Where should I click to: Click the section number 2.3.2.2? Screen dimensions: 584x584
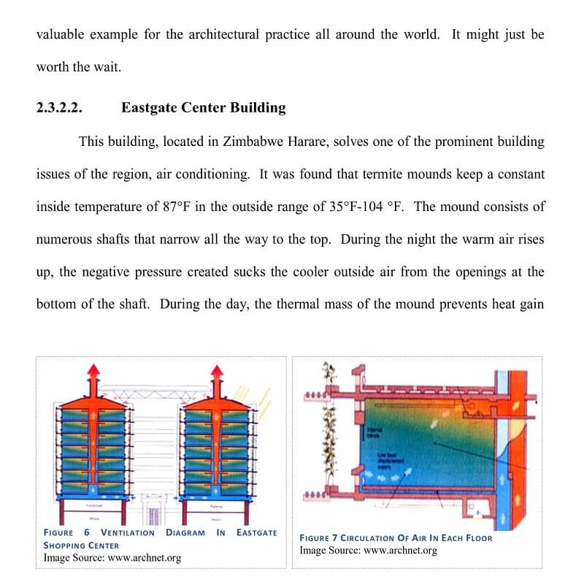(59, 108)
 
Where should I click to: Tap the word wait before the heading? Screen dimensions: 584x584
(104, 67)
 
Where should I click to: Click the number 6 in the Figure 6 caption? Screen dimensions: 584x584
(87, 533)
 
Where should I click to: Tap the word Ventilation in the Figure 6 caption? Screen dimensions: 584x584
(128, 533)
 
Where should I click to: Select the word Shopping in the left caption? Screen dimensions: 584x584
(61, 545)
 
